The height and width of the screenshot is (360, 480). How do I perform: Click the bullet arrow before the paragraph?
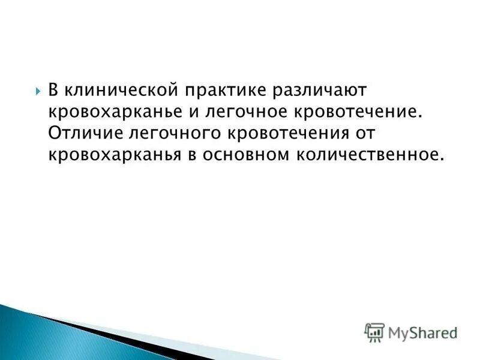[37, 92]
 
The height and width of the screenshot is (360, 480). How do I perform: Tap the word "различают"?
[323, 91]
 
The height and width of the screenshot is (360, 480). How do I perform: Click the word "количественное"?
[369, 154]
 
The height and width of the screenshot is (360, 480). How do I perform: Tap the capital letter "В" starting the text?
[53, 91]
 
